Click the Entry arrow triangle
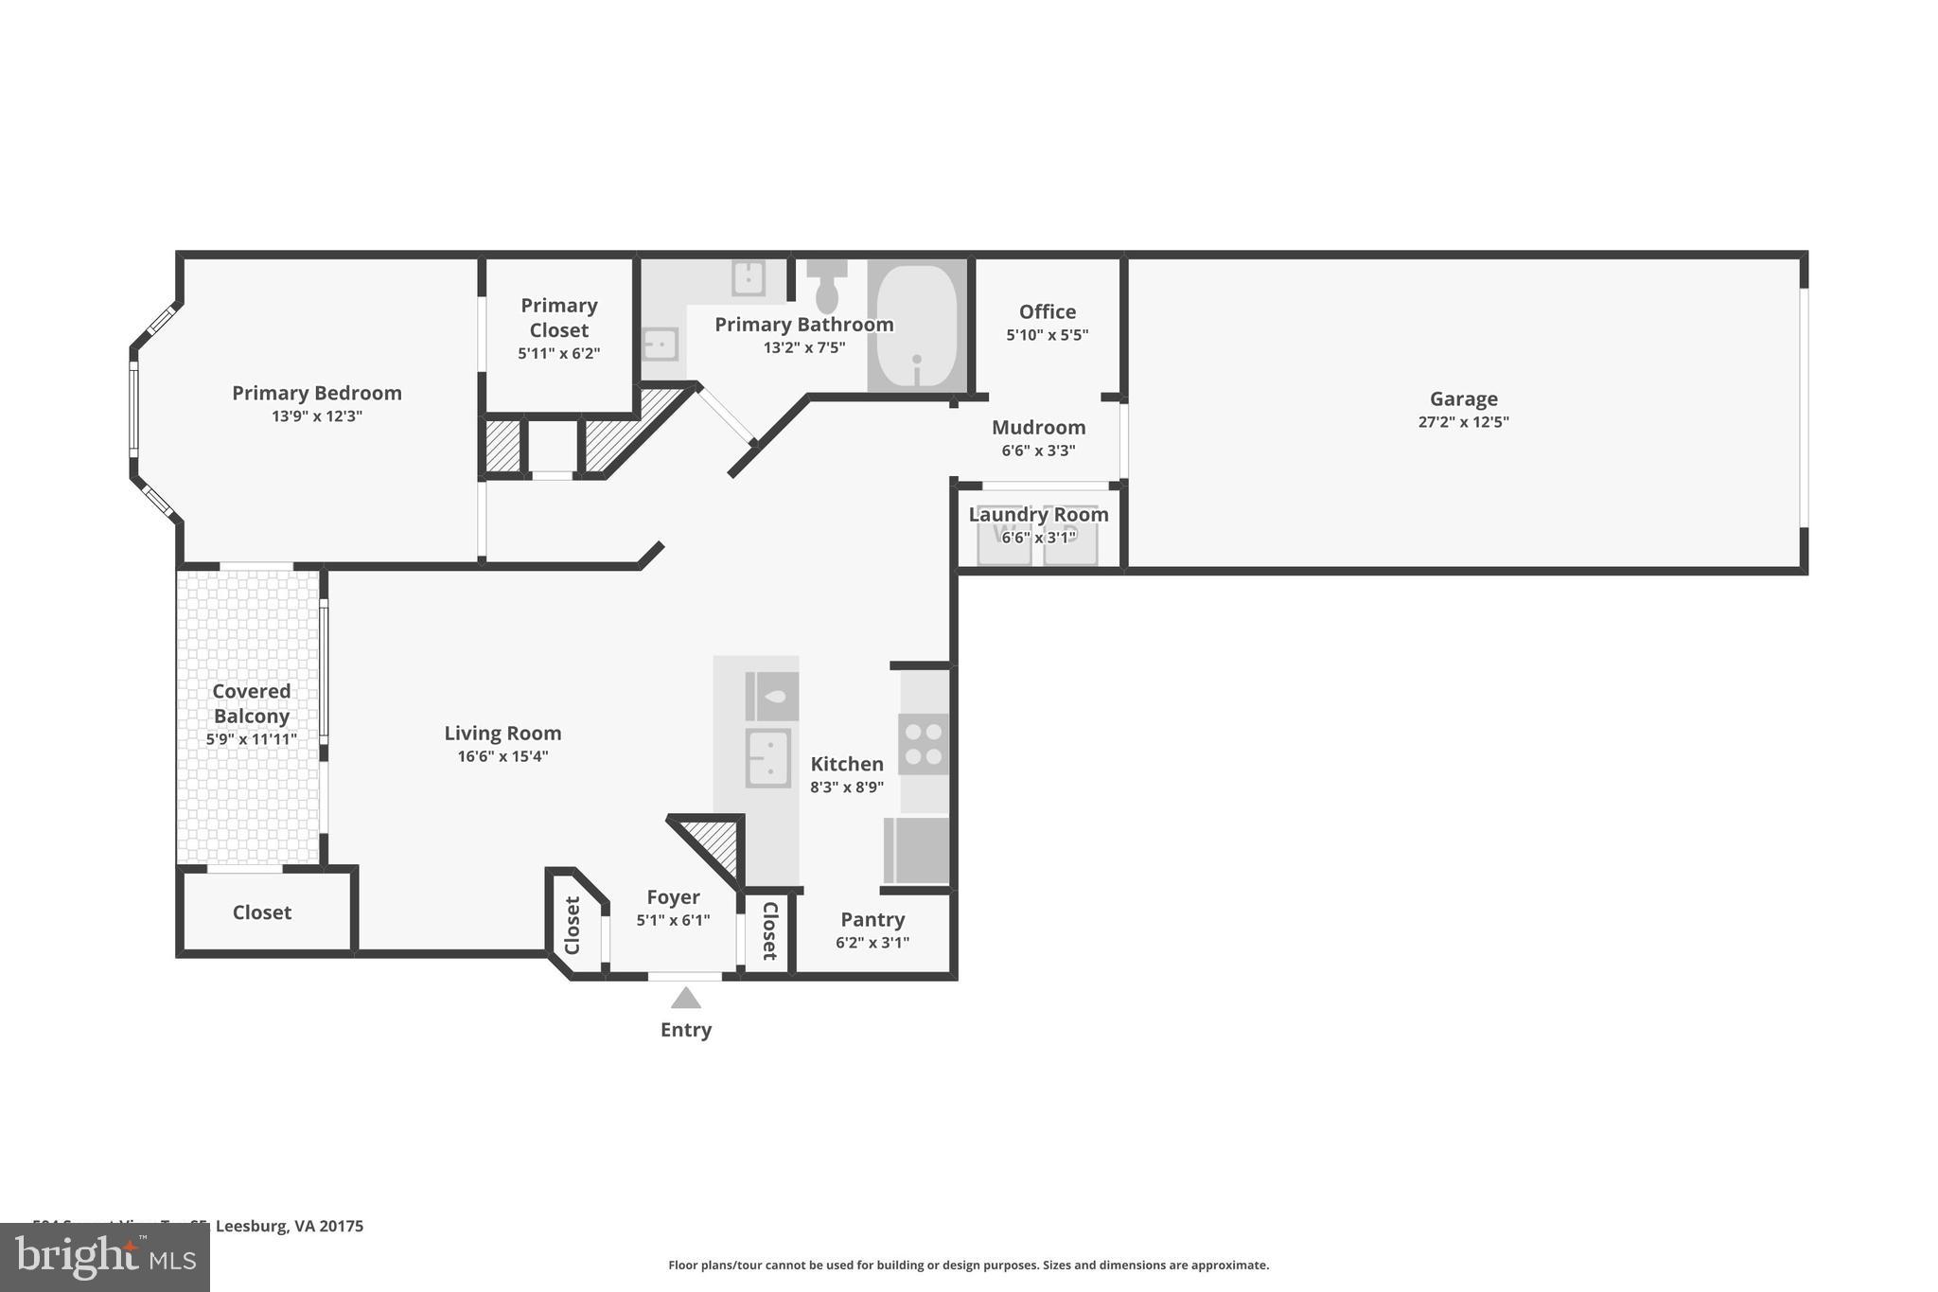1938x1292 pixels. (686, 999)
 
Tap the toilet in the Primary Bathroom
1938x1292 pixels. (827, 287)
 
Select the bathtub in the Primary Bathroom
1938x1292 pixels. (916, 326)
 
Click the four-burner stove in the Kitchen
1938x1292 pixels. (924, 744)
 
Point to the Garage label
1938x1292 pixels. (1463, 398)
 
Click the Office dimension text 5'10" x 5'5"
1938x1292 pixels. (1047, 335)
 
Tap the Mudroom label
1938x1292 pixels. (1038, 427)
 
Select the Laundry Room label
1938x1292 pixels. (1038, 514)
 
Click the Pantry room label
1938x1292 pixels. (872, 919)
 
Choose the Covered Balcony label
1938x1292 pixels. (251, 703)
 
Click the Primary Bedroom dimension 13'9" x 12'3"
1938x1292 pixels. (317, 416)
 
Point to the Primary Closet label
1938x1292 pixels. (558, 317)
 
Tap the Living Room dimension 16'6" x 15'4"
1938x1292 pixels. (502, 756)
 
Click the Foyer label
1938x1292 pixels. (673, 896)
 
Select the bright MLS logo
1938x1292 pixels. (104, 1257)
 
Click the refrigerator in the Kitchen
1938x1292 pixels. (916, 850)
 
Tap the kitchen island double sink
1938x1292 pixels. (767, 758)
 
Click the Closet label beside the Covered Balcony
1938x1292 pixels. (262, 912)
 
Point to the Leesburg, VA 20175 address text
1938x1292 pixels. (289, 1226)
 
